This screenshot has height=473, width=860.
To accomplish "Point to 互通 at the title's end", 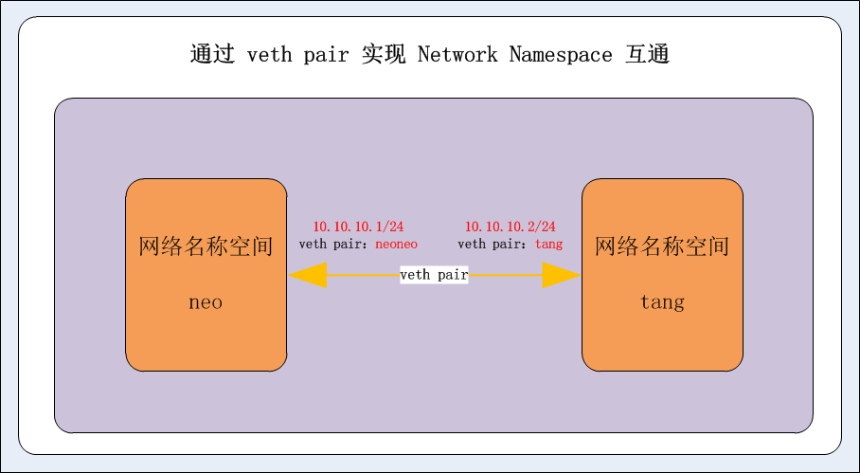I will coord(648,55).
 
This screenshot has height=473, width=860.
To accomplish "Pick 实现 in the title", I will coord(384,55).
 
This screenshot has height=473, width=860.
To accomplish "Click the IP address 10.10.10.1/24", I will coord(358,227).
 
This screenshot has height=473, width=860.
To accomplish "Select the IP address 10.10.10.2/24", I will coord(510,227).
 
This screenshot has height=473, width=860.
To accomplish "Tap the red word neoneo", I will coord(396,245).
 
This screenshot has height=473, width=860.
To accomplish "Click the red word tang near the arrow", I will coord(548,245).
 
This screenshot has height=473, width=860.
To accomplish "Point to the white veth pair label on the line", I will coord(434,275).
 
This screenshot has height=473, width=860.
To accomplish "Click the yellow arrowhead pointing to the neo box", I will coord(307,276).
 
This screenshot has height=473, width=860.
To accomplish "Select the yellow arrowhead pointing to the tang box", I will coord(561,276).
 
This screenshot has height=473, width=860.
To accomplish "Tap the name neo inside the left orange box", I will coord(206,303).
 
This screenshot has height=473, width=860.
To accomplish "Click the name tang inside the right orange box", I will coord(662,303).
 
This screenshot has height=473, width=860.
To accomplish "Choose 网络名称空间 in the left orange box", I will coord(206,247).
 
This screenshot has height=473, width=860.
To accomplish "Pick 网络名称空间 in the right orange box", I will coord(662,247).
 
